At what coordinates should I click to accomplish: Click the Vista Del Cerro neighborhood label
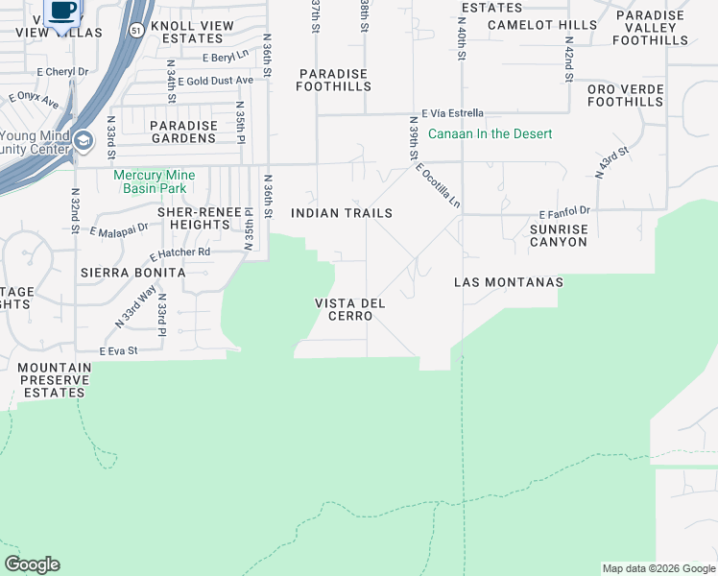click(x=350, y=309)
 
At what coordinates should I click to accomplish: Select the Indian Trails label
click(x=341, y=213)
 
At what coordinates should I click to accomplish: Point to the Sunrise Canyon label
click(x=558, y=235)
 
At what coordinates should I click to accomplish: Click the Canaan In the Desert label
click(x=490, y=133)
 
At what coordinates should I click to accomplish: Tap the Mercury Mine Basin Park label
click(x=154, y=181)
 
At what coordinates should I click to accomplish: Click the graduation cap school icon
click(x=84, y=142)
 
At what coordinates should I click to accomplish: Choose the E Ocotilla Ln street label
click(x=439, y=185)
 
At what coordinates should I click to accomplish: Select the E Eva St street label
click(x=119, y=351)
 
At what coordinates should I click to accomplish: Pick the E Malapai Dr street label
click(x=119, y=230)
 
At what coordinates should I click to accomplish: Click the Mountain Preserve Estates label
click(x=54, y=380)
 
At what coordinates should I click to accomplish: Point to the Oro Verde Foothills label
click(x=625, y=95)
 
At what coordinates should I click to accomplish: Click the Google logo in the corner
click(x=32, y=564)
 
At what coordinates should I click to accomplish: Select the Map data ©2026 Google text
click(x=658, y=568)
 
